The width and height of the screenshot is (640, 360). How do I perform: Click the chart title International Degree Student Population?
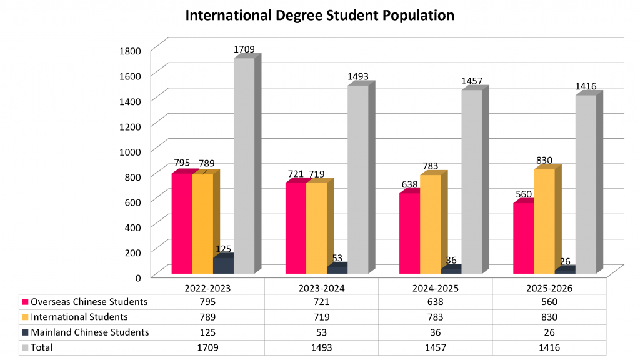(x=319, y=15)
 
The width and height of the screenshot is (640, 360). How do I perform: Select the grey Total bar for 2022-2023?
(x=244, y=166)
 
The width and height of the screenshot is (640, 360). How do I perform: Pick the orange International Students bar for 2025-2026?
(x=544, y=221)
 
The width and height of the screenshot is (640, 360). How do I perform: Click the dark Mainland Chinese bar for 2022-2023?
(x=223, y=265)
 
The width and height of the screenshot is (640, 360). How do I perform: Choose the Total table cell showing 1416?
(x=549, y=347)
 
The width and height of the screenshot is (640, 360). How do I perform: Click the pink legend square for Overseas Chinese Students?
(x=24, y=302)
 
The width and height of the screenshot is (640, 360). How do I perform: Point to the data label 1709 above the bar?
(x=244, y=49)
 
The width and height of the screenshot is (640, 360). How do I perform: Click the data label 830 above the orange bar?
(x=544, y=160)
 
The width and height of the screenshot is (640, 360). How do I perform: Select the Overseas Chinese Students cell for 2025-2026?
(x=549, y=302)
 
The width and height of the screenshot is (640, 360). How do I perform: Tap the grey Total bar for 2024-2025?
(x=472, y=181)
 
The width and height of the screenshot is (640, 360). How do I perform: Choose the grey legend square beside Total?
(x=24, y=347)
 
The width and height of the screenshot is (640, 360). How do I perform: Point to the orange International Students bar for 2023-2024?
(x=316, y=227)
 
